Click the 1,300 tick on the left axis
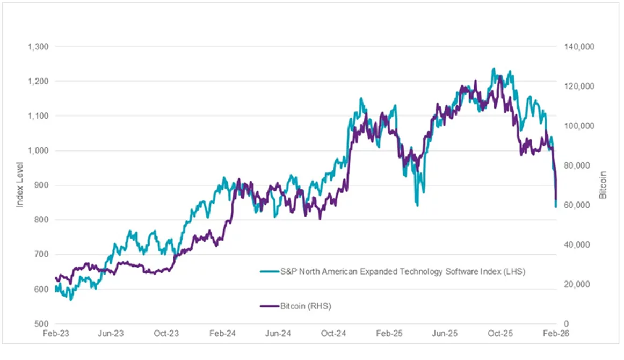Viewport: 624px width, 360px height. point(38,47)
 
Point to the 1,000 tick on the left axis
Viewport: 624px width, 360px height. point(38,150)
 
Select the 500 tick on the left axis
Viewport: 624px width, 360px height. point(41,324)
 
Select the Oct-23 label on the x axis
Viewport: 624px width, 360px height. point(166,334)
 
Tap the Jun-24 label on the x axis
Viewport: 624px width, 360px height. point(278,334)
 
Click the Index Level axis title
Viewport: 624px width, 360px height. point(20,185)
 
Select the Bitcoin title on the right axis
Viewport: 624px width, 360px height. point(603,185)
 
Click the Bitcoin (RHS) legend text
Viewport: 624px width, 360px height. point(306,306)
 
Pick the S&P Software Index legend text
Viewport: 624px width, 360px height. point(402,272)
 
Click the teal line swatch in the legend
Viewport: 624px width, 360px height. point(270,272)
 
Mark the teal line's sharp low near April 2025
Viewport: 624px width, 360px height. point(417,205)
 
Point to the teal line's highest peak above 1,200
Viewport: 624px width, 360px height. point(494,69)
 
